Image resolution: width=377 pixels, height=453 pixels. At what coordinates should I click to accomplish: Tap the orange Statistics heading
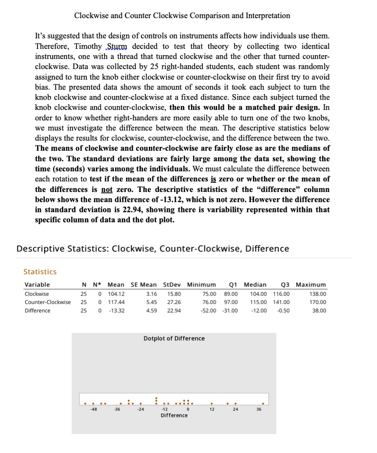click(40, 272)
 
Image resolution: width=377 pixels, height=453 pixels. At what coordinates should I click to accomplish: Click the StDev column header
click(172, 284)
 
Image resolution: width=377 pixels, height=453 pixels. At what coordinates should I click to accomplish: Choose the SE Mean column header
click(144, 284)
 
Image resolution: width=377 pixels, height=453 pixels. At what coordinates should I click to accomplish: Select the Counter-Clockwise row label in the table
click(47, 302)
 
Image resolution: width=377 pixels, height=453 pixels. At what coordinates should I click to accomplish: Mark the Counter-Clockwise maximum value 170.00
click(319, 302)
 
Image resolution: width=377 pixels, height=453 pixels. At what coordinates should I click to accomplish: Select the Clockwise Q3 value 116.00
click(281, 294)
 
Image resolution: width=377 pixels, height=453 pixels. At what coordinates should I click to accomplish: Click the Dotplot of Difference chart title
click(174, 338)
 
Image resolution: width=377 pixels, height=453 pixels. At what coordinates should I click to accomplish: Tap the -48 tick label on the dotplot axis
click(93, 409)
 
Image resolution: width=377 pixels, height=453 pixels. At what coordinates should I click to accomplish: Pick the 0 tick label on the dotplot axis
click(188, 409)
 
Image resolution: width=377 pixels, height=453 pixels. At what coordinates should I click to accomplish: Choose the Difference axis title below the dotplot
click(174, 415)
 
